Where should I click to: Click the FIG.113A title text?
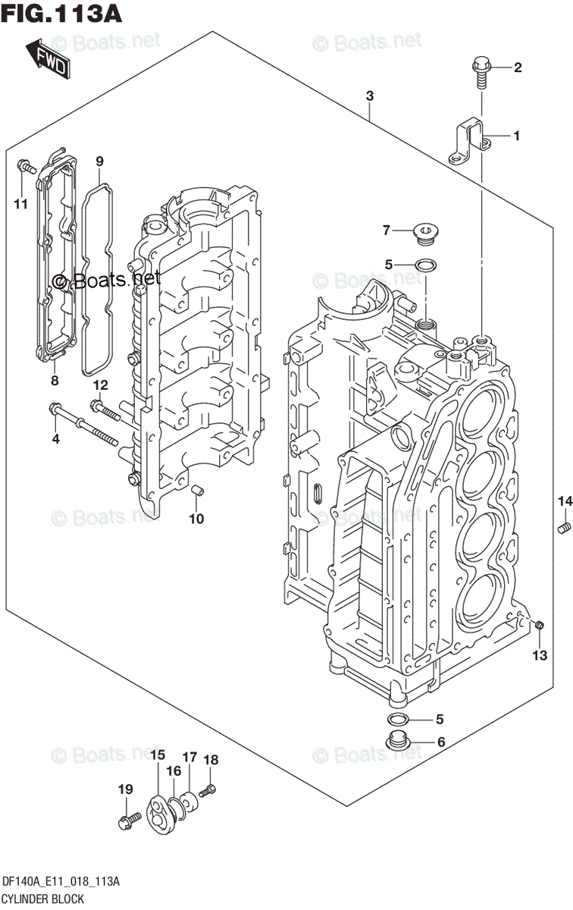click(63, 14)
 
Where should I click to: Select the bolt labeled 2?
click(480, 71)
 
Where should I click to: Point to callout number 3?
click(369, 96)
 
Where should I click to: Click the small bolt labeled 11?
click(25, 166)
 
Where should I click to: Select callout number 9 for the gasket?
click(99, 161)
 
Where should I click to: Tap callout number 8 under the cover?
click(55, 380)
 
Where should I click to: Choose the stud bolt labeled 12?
click(108, 410)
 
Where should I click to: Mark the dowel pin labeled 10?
click(197, 490)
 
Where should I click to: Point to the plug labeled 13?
click(539, 624)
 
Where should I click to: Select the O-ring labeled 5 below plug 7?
click(427, 265)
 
